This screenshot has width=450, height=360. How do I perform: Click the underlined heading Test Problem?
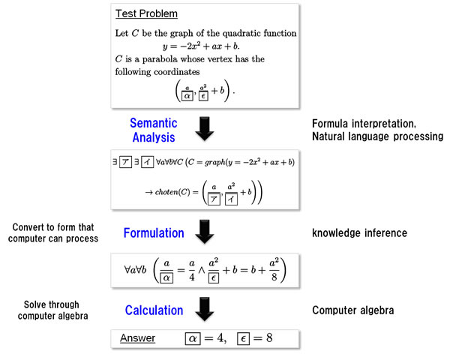[x=146, y=13]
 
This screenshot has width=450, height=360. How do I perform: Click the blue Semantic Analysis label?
[x=154, y=130]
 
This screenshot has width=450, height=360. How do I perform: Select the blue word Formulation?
[x=154, y=232]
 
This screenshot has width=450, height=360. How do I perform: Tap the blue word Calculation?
[x=154, y=310]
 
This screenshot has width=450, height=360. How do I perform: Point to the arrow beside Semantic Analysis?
[x=205, y=128]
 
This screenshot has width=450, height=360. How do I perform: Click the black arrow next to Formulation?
[x=205, y=232]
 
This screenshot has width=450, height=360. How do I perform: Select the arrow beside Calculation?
[x=205, y=309]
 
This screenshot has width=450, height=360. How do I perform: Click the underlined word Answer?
[x=137, y=338]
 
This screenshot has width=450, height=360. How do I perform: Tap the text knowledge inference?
[x=359, y=232]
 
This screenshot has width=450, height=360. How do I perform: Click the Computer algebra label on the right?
[x=353, y=310]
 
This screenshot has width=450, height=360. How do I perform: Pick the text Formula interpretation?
[x=364, y=124]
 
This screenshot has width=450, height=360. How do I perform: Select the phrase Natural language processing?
[x=378, y=136]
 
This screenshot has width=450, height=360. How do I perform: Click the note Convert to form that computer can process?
[x=53, y=232]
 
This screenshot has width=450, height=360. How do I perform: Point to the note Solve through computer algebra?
[x=52, y=310]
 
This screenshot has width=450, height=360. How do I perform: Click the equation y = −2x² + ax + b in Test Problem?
[x=201, y=46]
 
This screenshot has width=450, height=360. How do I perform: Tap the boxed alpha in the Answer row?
[x=193, y=339]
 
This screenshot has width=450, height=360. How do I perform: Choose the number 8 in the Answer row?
[x=269, y=338]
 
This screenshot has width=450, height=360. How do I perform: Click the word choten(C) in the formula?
[x=172, y=192]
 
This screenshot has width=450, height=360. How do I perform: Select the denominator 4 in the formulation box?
[x=192, y=277]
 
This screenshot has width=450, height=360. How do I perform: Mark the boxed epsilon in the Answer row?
[x=243, y=339]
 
